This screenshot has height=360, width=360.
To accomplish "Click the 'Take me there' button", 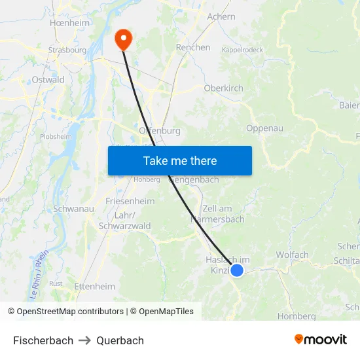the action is click(x=180, y=161).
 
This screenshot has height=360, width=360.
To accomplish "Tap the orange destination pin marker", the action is click(x=122, y=39).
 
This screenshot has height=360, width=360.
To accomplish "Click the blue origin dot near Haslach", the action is click(x=238, y=270).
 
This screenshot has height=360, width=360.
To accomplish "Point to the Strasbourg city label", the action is click(x=67, y=50).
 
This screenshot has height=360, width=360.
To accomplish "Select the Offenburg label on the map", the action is click(x=160, y=130).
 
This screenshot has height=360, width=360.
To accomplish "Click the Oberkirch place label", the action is click(x=224, y=88).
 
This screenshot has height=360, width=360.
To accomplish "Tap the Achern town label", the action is click(x=221, y=16).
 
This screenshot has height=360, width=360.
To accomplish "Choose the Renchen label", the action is click(x=193, y=47).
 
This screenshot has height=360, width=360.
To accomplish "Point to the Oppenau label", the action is click(x=264, y=128).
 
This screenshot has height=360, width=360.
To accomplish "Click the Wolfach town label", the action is click(x=292, y=255).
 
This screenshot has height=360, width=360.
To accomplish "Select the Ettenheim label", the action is click(x=95, y=286).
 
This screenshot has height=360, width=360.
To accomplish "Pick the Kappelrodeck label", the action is click(x=243, y=50).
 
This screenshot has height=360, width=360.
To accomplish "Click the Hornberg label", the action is click(x=297, y=315).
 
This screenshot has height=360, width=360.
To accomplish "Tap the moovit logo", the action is click(x=321, y=339).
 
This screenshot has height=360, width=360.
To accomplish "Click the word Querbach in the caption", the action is click(x=120, y=340).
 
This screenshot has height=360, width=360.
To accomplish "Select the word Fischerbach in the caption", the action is click(x=43, y=340).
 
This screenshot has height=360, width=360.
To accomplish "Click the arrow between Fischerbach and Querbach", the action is click(x=85, y=340).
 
